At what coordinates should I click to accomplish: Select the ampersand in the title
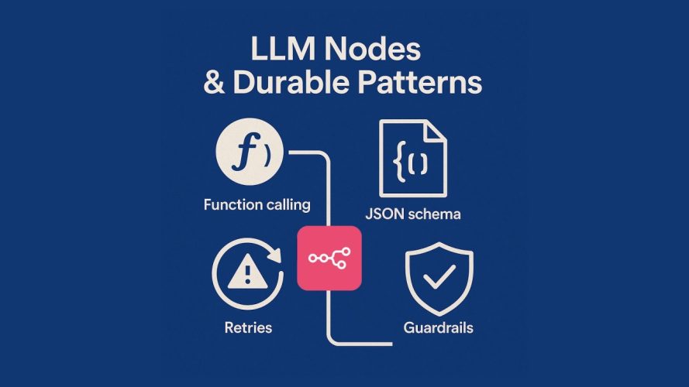(x=213, y=83)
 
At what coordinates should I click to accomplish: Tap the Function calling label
(x=257, y=205)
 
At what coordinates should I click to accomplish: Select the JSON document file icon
(x=412, y=159)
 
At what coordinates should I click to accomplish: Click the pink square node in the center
(x=329, y=259)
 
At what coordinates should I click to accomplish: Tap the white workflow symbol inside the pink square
(x=329, y=259)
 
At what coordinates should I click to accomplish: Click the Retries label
(x=248, y=327)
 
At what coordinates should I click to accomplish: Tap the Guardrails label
(x=439, y=327)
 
